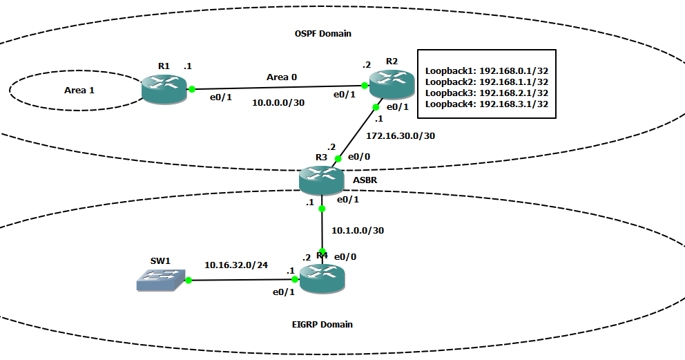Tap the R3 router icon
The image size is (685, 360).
click(x=321, y=180)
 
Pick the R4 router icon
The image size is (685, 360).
click(x=321, y=280)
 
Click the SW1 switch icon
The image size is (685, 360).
click(x=160, y=280)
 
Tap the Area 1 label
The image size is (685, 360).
click(x=79, y=90)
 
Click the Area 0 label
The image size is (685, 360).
click(x=282, y=77)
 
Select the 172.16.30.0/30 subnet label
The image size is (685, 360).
click(x=401, y=135)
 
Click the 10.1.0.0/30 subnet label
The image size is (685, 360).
click(x=358, y=230)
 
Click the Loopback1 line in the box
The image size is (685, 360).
click(x=486, y=70)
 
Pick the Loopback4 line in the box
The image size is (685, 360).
click(x=486, y=104)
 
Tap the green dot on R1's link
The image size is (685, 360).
click(x=192, y=89)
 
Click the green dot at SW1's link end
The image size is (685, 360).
click(x=186, y=280)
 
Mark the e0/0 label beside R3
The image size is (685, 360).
click(x=358, y=157)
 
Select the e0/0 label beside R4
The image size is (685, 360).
click(x=345, y=256)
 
